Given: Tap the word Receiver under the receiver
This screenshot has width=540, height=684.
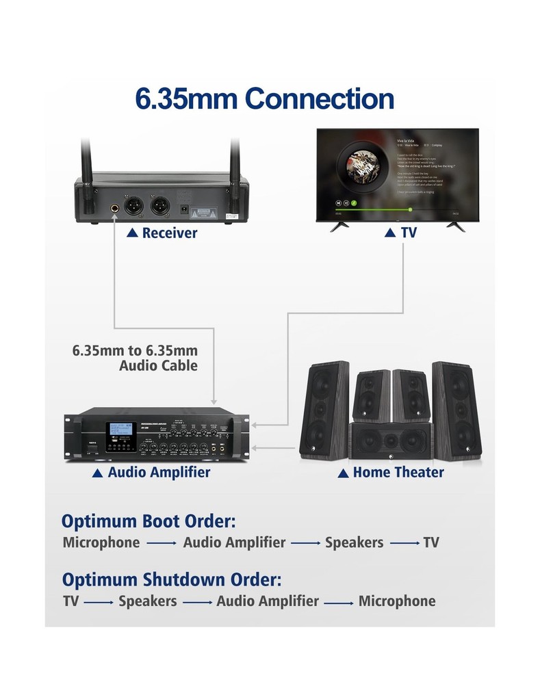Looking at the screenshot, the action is tap(169, 233).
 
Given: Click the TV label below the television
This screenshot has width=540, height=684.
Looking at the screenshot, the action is tap(409, 233).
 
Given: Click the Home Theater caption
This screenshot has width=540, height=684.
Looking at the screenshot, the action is tap(398, 473).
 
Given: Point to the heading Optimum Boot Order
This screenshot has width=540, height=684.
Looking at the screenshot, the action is tap(149, 522).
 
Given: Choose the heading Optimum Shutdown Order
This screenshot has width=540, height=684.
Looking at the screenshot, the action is tap(172, 580).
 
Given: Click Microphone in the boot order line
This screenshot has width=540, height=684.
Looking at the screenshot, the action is tap(101, 543).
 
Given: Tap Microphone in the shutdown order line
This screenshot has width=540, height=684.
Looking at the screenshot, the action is tap(397, 602).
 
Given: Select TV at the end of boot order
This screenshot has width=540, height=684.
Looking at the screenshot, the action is tap(431, 543).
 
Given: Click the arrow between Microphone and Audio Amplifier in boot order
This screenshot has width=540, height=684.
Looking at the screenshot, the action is tap(162, 544).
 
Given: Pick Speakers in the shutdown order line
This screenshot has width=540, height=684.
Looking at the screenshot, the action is tap(148, 602).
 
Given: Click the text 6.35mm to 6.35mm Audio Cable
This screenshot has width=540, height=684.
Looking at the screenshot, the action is tap(136, 358).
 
